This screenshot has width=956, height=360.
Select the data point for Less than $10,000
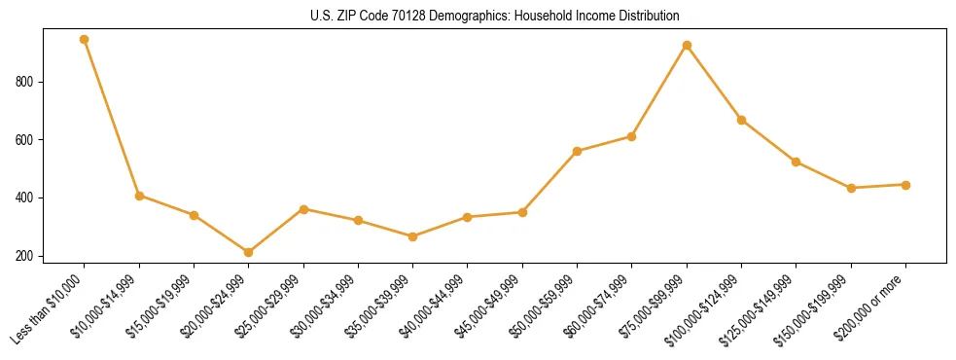[85, 40]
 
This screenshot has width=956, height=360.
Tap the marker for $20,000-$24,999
[249, 253]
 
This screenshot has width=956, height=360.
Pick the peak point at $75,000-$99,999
[687, 46]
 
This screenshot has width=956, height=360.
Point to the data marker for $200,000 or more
[905, 185]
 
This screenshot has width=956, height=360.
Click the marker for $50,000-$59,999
[578, 152]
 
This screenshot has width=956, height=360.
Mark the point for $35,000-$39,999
[413, 236]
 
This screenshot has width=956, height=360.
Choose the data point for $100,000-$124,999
[741, 121]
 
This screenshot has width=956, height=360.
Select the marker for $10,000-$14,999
[139, 196]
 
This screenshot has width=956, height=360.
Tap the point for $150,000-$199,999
[851, 188]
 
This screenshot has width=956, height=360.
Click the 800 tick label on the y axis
[27, 82]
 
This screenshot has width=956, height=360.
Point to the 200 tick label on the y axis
[27, 257]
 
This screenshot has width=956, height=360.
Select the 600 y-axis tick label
[27, 140]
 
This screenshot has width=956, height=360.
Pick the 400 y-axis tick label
[27, 198]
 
